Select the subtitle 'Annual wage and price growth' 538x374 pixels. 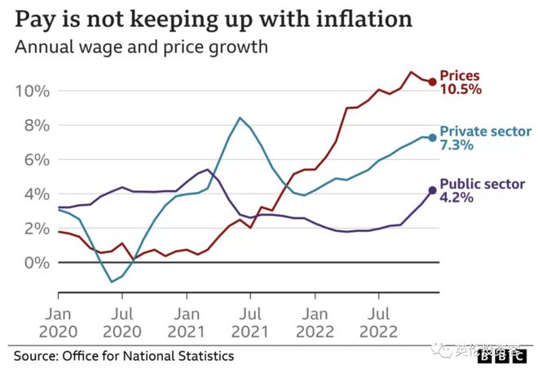coord(142,47)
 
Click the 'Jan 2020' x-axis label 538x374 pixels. coord(58,323)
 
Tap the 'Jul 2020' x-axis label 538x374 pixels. coord(122,323)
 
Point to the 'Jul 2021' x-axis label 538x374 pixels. coord(250,323)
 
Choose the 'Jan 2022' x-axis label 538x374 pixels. coord(315,323)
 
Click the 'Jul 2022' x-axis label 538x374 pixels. coord(378,323)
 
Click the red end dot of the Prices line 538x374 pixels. coord(432,81)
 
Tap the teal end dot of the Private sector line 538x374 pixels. coord(432,137)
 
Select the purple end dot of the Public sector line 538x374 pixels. coord(432,190)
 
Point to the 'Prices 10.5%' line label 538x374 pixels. coord(461,82)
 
